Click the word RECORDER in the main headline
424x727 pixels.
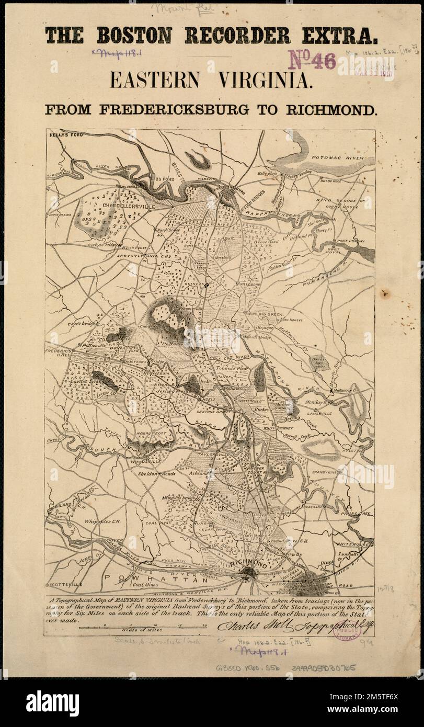click(237, 35)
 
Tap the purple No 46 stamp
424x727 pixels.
click(312, 61)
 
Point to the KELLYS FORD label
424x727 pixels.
click(64, 135)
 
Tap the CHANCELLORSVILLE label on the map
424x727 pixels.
click(124, 206)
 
